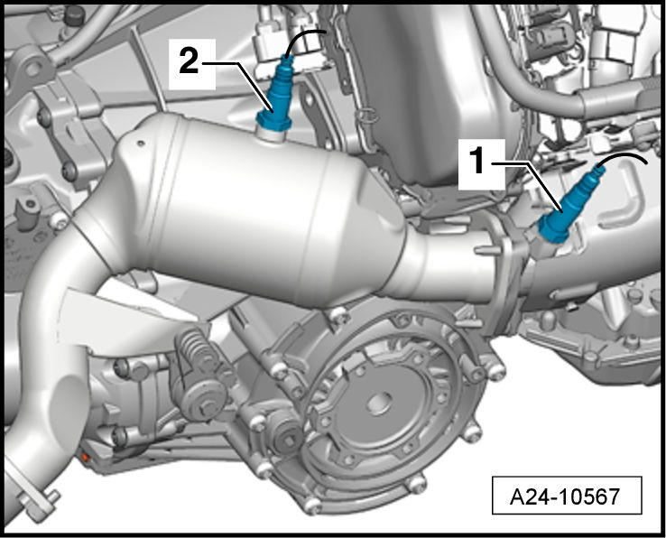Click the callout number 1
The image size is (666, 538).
pos(479,162)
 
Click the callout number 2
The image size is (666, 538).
pos(189,62)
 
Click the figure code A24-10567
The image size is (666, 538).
pos(565,496)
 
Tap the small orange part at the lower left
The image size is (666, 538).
pos(85,458)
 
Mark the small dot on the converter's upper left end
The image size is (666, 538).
pos(141,144)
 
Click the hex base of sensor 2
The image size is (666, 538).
pos(273,121)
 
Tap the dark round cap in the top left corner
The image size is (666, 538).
pos(74,15)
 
